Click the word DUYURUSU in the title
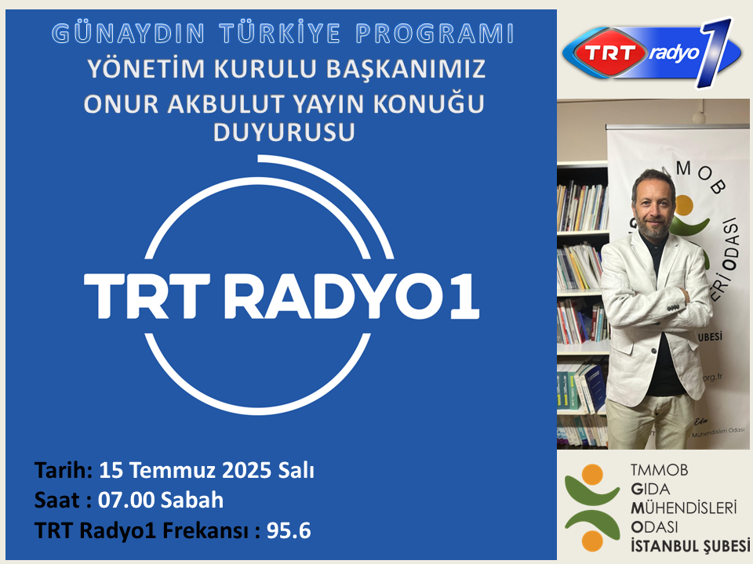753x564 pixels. pos(284,133)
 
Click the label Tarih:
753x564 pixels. pos(63,471)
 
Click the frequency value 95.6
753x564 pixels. pos(289,530)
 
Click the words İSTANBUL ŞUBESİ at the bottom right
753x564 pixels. pos(689,544)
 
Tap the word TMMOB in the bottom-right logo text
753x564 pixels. pos(656,471)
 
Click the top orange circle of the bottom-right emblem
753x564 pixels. pos(594,474)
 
